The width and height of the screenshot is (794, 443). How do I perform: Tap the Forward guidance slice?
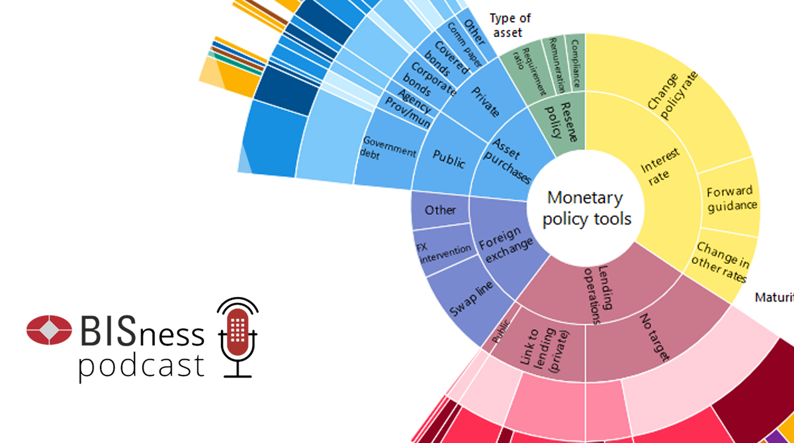730,198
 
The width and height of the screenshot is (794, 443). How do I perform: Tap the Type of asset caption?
509,25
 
